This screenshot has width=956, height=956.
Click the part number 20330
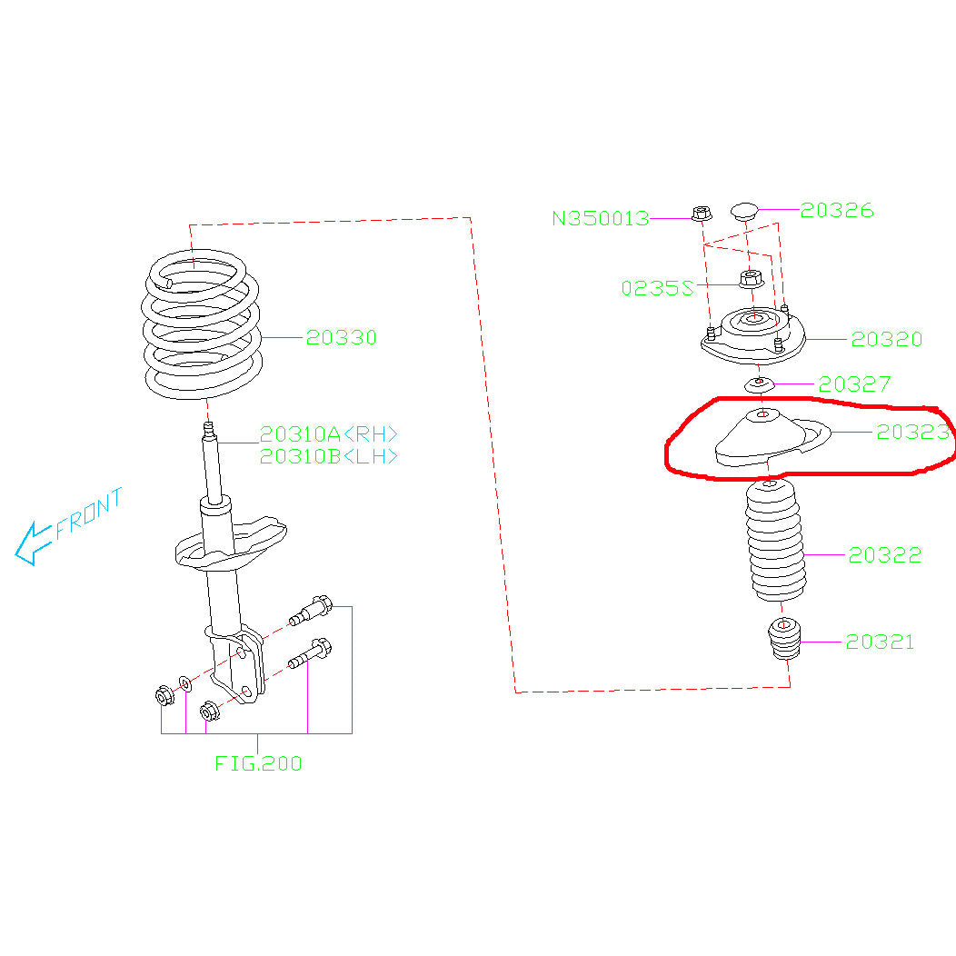click(341, 338)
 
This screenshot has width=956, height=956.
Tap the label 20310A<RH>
click(329, 433)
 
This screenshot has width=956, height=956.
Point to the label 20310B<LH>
click(329, 456)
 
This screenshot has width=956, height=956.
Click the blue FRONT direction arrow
click(36, 542)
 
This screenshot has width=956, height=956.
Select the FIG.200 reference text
click(258, 763)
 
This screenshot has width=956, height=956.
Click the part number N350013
click(601, 218)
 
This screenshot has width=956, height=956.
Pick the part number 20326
click(837, 211)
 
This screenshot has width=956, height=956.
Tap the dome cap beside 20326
click(745, 214)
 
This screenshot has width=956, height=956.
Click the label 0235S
click(657, 289)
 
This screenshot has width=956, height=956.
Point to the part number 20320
click(886, 339)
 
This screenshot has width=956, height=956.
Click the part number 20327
click(854, 384)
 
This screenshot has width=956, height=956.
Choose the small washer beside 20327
click(759, 385)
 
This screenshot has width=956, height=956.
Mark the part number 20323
click(912, 433)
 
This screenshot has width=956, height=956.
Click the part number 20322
click(884, 554)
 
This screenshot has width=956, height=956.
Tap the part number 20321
click(880, 642)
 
